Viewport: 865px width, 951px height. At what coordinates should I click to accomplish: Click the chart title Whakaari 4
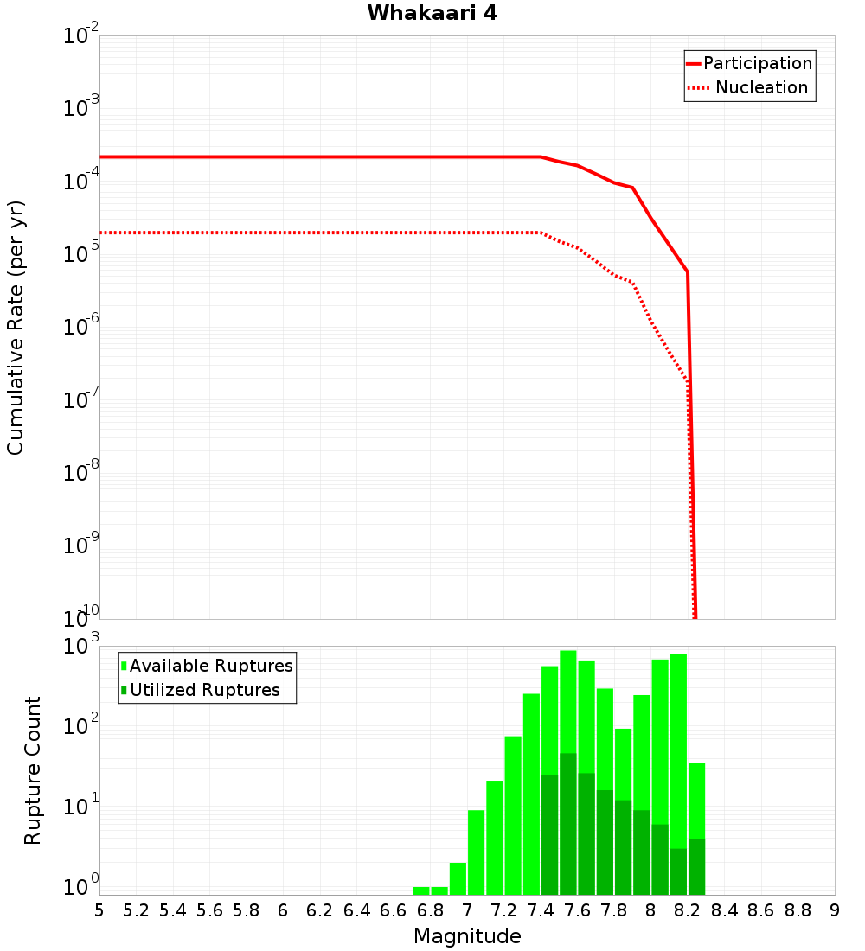[432, 14]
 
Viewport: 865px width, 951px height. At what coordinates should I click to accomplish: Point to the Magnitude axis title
[467, 936]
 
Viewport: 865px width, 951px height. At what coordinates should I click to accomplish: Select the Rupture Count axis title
[33, 770]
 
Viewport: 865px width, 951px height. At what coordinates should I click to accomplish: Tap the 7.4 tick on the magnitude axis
[541, 910]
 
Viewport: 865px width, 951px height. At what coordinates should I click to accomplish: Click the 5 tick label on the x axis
[99, 910]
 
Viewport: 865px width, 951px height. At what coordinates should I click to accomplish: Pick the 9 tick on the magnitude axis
[835, 910]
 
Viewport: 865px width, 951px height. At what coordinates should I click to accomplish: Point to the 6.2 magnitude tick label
[320, 910]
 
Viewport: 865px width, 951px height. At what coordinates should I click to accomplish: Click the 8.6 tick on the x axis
[761, 910]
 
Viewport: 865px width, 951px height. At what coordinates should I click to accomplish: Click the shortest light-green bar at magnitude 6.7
[421, 890]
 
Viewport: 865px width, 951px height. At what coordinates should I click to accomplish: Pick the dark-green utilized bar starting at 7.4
[549, 834]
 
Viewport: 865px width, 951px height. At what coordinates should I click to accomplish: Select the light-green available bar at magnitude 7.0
[476, 852]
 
